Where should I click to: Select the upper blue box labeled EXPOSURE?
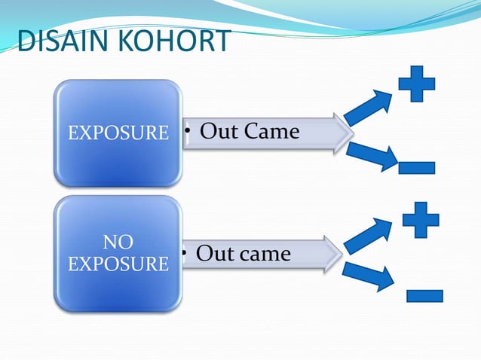[x=118, y=133]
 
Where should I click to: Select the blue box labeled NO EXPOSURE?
[x=118, y=253]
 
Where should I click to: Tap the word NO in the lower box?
[x=118, y=243]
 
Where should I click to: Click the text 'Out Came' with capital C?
[x=250, y=133]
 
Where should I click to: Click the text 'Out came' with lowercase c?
[x=243, y=254]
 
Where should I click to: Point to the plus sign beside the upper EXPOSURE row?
[x=416, y=84]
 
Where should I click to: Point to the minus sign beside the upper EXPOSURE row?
[x=417, y=166]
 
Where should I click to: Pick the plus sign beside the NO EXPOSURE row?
[x=420, y=219]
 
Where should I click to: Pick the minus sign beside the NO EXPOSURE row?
[x=424, y=294]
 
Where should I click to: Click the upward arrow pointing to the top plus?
[x=369, y=108]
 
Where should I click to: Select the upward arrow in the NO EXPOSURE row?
[x=368, y=235]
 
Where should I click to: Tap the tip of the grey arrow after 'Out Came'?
[x=351, y=134]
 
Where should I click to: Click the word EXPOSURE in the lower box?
[x=118, y=264]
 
